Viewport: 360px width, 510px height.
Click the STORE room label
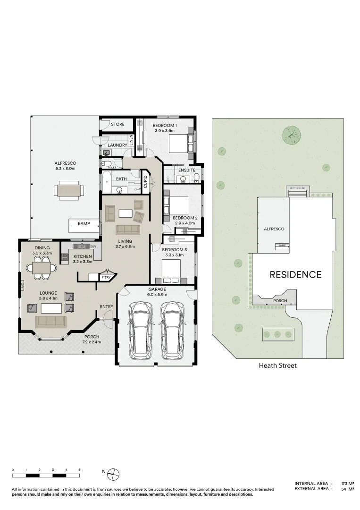(x=118, y=124)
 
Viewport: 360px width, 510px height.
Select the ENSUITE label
(x=187, y=170)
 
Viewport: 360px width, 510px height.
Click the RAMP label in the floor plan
(x=84, y=223)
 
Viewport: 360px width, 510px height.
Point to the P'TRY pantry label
(x=106, y=278)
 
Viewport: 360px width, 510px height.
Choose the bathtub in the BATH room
(x=107, y=183)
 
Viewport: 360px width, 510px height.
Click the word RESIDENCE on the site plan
(x=295, y=274)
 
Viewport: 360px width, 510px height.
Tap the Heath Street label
(x=278, y=365)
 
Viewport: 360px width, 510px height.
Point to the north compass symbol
(x=114, y=472)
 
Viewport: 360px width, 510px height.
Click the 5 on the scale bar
(x=80, y=470)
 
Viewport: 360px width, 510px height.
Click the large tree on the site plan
(x=292, y=135)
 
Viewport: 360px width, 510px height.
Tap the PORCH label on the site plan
(x=280, y=300)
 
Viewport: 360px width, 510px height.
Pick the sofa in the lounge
(x=51, y=322)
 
